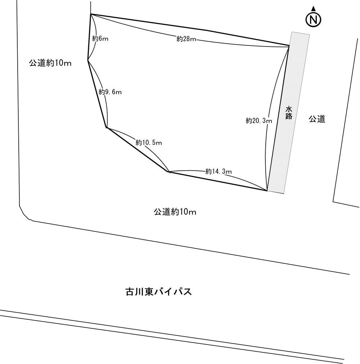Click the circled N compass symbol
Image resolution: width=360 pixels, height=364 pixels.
pos(313,20)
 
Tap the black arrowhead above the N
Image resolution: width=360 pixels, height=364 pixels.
pos(314,9)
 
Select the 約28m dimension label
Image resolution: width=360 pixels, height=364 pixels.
pos(186,39)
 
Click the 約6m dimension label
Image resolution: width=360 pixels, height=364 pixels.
pos(100,39)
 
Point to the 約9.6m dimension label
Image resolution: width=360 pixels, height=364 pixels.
pos(110,92)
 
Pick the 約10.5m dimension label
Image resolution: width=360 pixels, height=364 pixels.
pos(149,142)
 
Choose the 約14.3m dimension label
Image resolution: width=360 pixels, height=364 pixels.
pos(219,171)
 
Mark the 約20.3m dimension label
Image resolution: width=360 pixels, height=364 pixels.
pos(259,121)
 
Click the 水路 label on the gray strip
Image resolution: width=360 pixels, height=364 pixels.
pos(288,113)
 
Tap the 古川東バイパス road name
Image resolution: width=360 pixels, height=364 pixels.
pos(159,292)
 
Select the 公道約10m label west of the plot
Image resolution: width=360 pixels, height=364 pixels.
pos(50,63)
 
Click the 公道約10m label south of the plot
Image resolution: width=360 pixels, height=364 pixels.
pos(175,212)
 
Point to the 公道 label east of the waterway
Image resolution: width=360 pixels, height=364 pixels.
pos(317,119)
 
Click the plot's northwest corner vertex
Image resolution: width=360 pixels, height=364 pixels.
pos(90,14)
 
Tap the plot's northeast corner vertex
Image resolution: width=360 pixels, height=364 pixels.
pos(289,46)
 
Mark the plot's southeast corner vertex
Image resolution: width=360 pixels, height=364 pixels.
pos(267,191)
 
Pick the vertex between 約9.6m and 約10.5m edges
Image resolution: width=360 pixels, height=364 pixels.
pos(106,127)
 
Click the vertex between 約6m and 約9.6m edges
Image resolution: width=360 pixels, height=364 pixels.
pos(88,60)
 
